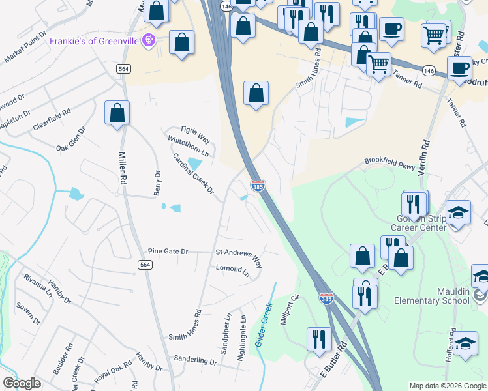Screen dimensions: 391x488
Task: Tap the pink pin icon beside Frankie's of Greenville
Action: click(149, 40)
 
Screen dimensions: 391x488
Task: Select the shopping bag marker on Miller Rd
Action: click(117, 113)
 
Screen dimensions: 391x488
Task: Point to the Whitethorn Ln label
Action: click(188, 147)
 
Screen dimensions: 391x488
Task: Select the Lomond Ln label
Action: click(233, 268)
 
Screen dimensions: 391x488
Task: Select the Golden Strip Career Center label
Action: click(418, 221)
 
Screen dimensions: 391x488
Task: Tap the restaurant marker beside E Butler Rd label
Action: click(319, 339)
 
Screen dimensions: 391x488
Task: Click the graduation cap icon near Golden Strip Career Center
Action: click(459, 214)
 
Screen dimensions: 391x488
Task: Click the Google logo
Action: click(22, 383)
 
